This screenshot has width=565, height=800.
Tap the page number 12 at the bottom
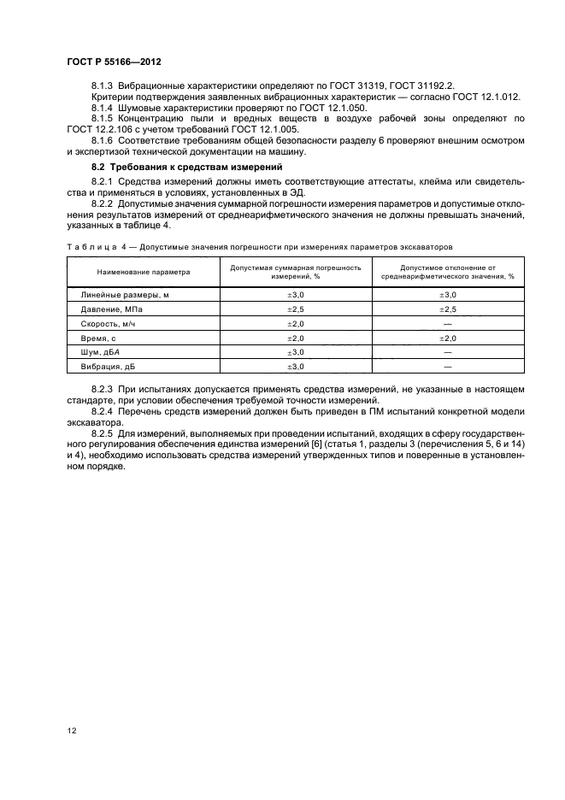(72, 730)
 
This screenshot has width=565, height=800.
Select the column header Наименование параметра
(144, 272)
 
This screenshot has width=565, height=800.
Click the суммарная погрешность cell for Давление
(295, 309)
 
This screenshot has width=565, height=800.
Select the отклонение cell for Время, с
(447, 338)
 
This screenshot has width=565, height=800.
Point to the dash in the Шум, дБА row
(447, 352)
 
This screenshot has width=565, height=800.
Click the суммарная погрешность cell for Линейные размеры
(295, 294)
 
